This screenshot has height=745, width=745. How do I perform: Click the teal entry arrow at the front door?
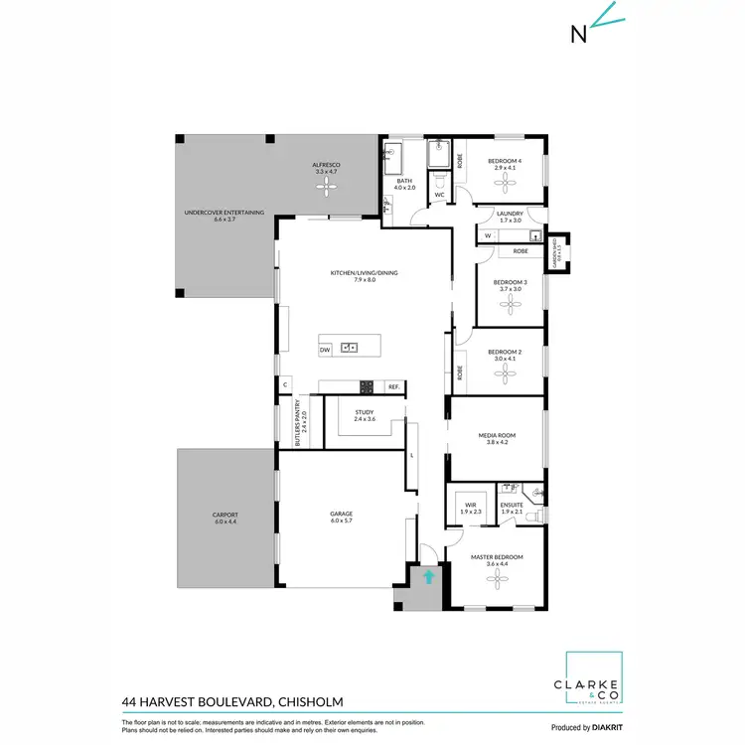tap(429, 576)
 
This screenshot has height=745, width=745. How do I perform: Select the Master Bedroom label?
tap(496, 560)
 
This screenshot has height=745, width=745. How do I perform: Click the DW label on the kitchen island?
tap(325, 351)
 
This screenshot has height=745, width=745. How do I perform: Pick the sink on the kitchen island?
tap(349, 348)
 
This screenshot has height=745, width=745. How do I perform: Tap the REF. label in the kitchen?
tap(393, 386)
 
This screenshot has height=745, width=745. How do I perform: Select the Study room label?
tap(364, 415)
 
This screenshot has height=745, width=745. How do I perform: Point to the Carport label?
tap(225, 518)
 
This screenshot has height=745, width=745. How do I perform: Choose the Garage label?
tap(342, 518)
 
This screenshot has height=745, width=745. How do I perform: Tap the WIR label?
tap(472, 508)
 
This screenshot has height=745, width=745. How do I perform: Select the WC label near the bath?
tap(439, 195)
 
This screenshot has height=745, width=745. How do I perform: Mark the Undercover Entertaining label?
tap(223, 216)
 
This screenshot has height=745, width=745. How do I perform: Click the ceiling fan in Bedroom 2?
tap(505, 373)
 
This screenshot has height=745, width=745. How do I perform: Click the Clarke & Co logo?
tap(593, 679)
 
